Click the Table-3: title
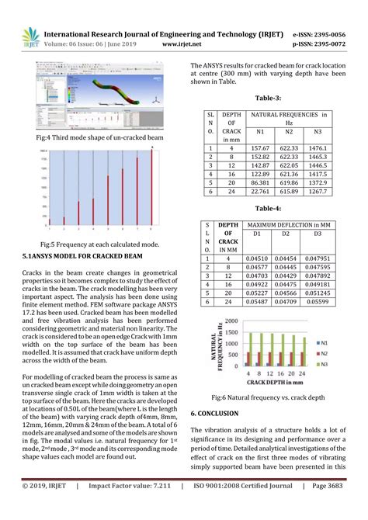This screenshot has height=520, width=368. tap(269, 99)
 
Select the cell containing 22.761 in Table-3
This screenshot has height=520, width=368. tap(260, 191)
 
